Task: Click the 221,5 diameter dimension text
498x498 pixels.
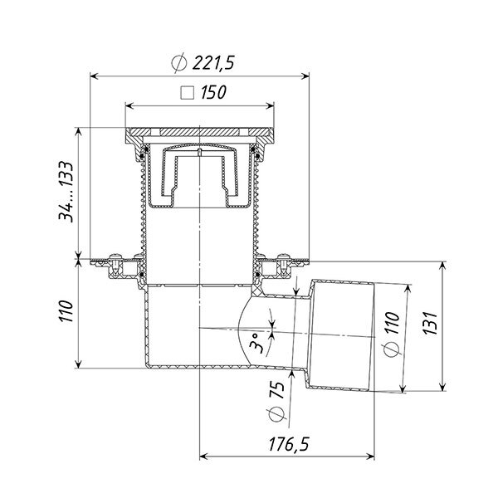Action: coord(213,62)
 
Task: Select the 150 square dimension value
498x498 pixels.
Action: coord(213,92)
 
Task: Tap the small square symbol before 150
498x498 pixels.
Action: coord(187,93)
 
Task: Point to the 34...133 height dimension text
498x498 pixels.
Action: coord(66,191)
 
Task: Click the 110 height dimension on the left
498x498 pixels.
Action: coord(66,311)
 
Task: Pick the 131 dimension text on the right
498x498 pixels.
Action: coord(430,323)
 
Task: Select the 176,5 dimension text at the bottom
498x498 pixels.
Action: coord(289,444)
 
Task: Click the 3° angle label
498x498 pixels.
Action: coord(256,344)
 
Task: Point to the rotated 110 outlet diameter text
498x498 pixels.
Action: coord(393,323)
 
